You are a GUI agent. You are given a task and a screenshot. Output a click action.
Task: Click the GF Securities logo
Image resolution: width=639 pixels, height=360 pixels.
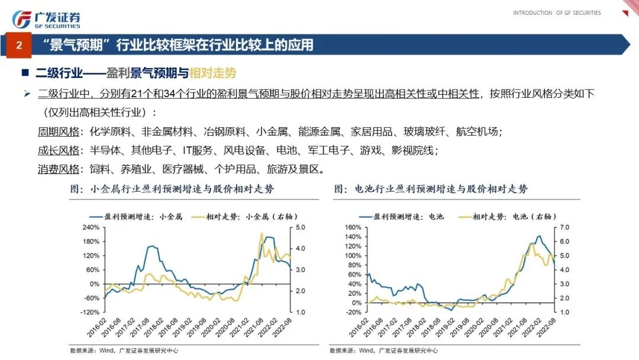[46, 19]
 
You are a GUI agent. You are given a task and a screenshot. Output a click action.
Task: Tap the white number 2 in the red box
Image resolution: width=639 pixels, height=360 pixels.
[19, 46]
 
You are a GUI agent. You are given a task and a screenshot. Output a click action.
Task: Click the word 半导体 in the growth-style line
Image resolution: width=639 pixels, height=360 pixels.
[102, 150]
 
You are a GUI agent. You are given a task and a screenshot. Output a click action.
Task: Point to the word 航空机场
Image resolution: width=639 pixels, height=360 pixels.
[480, 131]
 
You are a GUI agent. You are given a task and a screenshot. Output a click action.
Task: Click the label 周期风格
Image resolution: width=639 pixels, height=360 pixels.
[58, 131]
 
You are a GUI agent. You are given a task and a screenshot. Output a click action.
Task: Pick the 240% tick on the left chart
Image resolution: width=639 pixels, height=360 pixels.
[89, 227]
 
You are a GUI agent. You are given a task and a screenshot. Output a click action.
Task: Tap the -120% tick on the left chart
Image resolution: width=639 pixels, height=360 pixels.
[88, 312]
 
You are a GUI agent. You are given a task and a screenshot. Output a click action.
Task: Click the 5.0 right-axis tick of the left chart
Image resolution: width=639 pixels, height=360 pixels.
[300, 227]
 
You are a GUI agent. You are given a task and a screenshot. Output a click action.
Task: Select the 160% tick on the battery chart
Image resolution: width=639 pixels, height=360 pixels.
[352, 227]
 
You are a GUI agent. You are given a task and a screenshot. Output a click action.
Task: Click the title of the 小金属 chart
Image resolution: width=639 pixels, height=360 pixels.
[172, 189]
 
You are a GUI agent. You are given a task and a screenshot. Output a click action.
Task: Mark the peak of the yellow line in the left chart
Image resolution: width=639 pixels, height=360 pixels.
[262, 234]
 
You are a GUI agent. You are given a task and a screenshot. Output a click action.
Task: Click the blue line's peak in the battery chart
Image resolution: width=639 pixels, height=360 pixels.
[538, 236]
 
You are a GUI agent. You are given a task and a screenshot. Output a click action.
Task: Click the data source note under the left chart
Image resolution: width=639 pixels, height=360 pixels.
[124, 351]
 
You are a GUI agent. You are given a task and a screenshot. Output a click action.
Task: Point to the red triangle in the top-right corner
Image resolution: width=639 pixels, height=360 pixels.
[625, 13]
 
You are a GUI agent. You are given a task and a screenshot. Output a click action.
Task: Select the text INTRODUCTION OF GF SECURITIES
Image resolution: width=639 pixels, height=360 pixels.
[557, 13]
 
